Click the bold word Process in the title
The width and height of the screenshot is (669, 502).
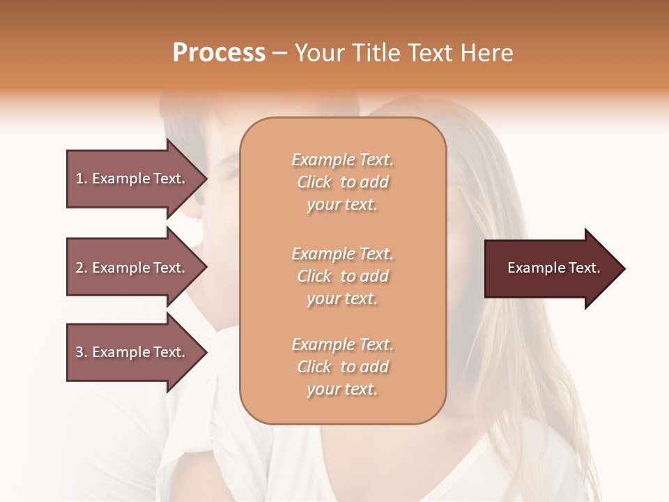(219, 53)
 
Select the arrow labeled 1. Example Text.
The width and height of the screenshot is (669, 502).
(132, 178)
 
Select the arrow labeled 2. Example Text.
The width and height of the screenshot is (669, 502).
(132, 268)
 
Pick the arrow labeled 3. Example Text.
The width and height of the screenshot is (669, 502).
(132, 352)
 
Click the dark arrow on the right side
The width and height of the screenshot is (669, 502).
(551, 268)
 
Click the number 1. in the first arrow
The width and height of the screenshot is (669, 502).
(82, 178)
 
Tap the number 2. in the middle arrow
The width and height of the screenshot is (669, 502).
(82, 268)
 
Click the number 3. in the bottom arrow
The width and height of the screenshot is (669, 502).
(82, 352)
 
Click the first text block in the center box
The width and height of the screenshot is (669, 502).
(342, 182)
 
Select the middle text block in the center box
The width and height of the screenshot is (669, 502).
(342, 276)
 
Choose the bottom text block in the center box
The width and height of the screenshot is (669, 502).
(342, 367)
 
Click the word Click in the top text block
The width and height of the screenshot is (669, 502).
(314, 182)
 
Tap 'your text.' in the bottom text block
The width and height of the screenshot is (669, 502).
(342, 389)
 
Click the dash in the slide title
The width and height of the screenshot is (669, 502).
(279, 53)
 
